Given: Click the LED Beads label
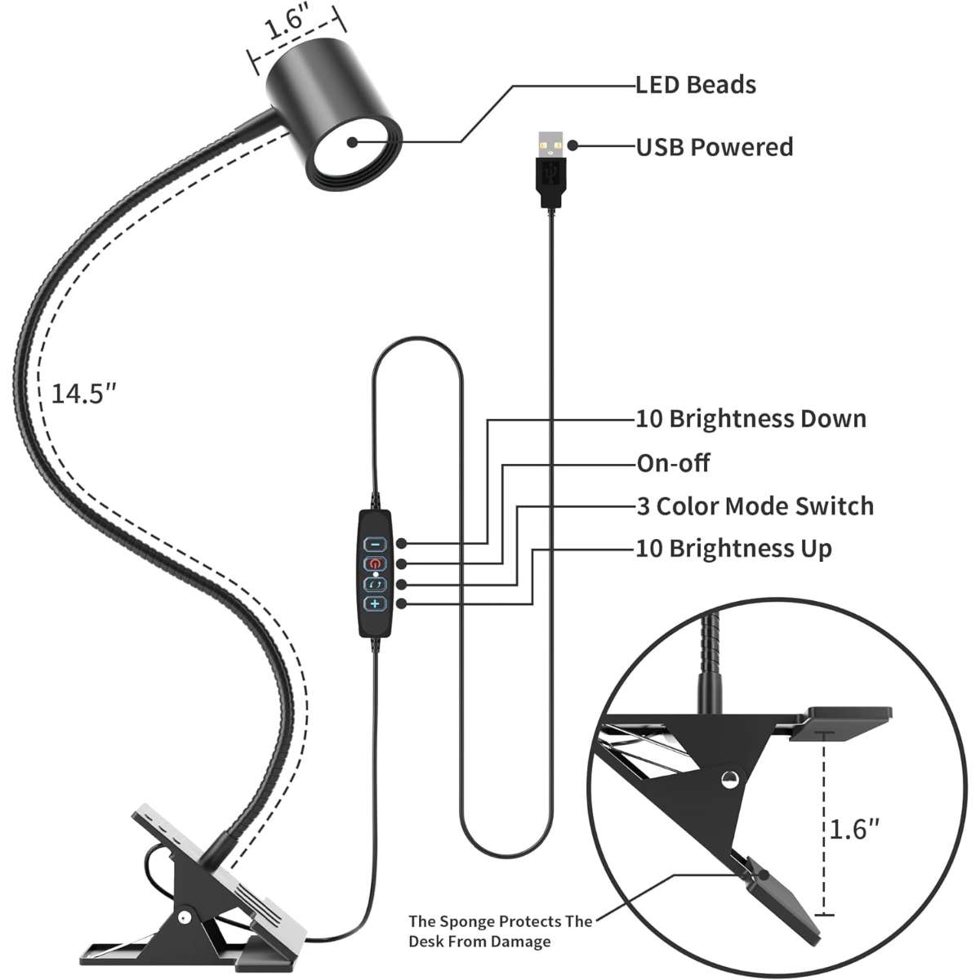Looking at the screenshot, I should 696,85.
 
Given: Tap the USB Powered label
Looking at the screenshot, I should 715,147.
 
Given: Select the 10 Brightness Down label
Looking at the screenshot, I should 751,419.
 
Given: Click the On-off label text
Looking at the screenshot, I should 673,463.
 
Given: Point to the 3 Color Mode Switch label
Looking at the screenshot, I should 755,506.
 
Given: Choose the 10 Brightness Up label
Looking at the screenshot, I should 733,548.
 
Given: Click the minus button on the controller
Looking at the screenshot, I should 375,543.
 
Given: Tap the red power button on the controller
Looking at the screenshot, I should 375,563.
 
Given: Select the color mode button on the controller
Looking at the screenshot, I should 375,584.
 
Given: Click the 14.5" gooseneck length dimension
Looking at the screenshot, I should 83,394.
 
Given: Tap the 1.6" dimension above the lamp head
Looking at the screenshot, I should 287,26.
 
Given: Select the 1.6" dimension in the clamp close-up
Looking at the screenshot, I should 855,830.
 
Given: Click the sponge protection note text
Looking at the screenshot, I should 501,931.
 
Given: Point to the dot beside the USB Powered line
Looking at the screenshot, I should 573,145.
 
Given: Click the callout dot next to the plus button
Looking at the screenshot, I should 401,604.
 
